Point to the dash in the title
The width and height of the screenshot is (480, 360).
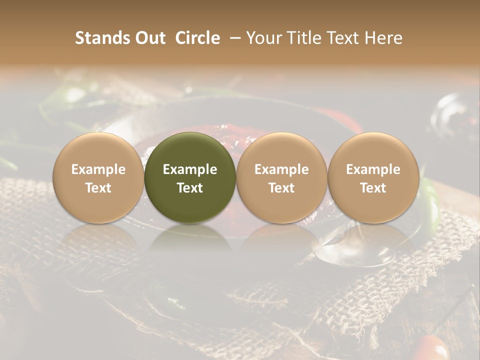click(x=232, y=38)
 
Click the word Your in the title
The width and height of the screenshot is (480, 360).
click(x=263, y=38)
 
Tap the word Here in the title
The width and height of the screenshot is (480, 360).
click(x=383, y=38)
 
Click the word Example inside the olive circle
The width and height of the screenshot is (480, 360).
click(x=190, y=169)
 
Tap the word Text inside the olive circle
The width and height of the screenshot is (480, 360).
click(x=190, y=188)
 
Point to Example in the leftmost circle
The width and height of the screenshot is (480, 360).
click(x=98, y=169)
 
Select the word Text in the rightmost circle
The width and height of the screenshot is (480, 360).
click(x=373, y=188)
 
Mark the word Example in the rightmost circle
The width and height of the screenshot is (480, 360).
click(x=373, y=169)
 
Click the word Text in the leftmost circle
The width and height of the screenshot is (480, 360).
click(x=98, y=188)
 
